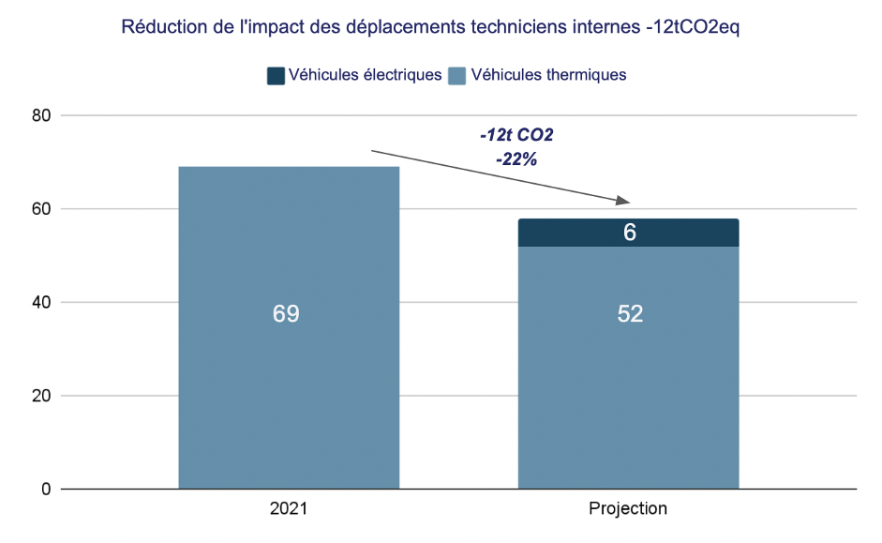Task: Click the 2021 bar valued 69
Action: (x=289, y=375)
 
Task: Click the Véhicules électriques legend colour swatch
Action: (x=276, y=75)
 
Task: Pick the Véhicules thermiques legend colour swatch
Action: (x=457, y=75)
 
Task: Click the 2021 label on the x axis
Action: (x=288, y=509)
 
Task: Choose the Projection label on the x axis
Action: (x=628, y=509)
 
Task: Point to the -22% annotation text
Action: (x=516, y=159)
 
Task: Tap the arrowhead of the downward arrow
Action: (x=624, y=201)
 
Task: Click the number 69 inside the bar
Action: (x=286, y=314)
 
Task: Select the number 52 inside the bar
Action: (x=630, y=314)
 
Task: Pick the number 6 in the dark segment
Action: (x=630, y=233)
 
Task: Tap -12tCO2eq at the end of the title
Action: (x=692, y=27)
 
